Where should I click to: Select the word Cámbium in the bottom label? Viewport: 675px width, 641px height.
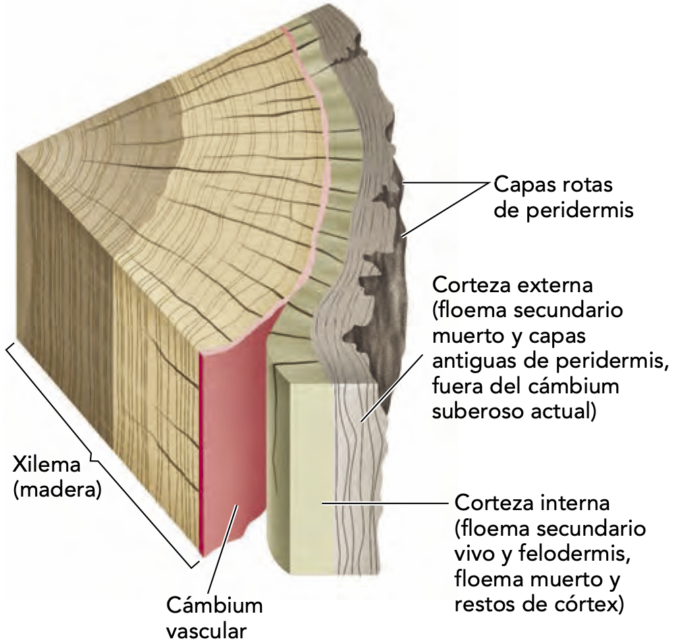[214, 605]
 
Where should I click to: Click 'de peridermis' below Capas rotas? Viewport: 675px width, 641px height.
[564, 210]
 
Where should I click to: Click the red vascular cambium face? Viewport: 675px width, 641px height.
[230, 432]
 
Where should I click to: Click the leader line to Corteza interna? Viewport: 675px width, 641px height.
[385, 503]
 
